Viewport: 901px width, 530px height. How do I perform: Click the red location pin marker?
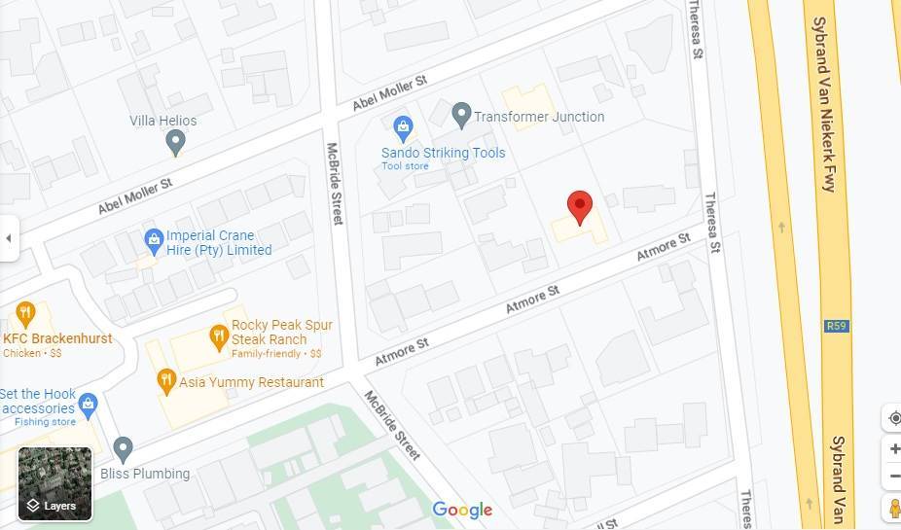tap(580, 206)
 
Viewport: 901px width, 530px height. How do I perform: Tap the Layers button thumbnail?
tap(55, 484)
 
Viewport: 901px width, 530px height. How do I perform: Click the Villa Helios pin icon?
tap(175, 143)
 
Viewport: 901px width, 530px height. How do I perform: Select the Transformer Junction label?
tap(538, 117)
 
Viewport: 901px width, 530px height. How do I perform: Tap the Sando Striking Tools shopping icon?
tap(403, 127)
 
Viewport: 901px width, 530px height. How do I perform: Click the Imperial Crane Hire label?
tap(218, 243)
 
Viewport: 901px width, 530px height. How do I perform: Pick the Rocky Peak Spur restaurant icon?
tap(219, 336)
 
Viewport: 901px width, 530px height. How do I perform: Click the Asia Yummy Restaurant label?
tap(251, 382)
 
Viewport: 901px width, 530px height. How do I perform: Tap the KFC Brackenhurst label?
tap(57, 338)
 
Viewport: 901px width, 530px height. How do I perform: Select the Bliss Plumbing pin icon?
tap(123, 449)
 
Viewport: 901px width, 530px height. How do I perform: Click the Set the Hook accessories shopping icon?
tap(89, 403)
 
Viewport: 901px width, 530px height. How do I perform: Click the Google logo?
tap(462, 510)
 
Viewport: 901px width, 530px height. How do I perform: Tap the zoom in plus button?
tap(894, 449)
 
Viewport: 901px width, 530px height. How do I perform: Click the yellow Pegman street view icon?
tap(894, 507)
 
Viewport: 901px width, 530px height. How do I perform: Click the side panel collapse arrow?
tap(9, 238)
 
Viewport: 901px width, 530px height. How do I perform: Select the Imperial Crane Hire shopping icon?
tap(153, 238)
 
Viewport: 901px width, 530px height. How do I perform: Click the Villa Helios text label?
tap(163, 121)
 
